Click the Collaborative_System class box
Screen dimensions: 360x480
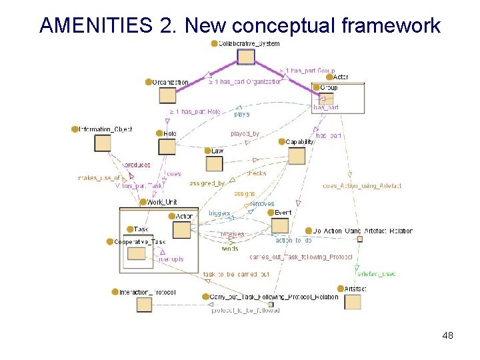pos(246,57)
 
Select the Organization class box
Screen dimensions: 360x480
pos(167,95)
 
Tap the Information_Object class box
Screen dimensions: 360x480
pos(102,143)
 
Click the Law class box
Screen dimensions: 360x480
pos(214,164)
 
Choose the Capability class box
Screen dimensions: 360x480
pos(297,155)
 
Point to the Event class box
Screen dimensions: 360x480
pos(280,226)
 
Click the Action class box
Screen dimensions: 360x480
pos(181,230)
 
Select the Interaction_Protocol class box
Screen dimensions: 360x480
pos(145,305)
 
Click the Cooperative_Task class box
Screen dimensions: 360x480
pos(136,253)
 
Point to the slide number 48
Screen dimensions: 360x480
pos(447,335)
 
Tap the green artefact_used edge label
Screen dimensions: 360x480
pos(377,273)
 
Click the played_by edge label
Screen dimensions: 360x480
pos(245,134)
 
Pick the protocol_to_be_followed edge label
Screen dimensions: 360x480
pos(245,310)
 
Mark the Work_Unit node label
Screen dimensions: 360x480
pos(161,201)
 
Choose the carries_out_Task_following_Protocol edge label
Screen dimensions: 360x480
pos(291,257)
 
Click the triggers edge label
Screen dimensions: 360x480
pos(219,213)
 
